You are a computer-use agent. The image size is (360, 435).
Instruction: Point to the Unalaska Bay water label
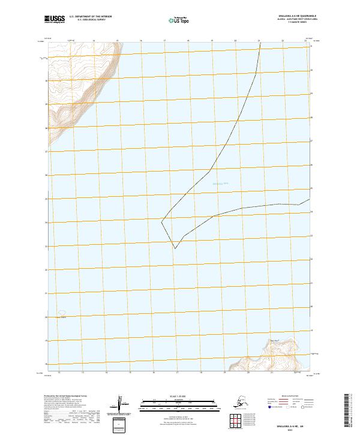pyautogui.click(x=220, y=183)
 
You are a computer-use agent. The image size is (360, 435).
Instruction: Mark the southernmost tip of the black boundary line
pyautogui.click(x=175, y=248)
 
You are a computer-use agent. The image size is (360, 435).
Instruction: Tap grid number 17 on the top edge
pyautogui.click(x=164, y=41)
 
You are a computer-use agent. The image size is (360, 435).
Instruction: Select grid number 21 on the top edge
pyautogui.click(x=259, y=41)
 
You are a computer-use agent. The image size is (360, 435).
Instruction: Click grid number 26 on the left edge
pyautogui.click(x=46, y=175)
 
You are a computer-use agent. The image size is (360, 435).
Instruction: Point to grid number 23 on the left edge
pyautogui.click(x=46, y=246)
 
